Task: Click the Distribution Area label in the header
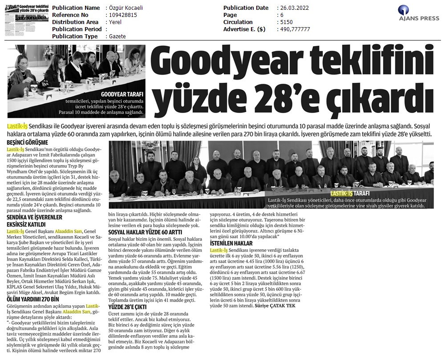75,22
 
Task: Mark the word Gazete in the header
117,36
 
